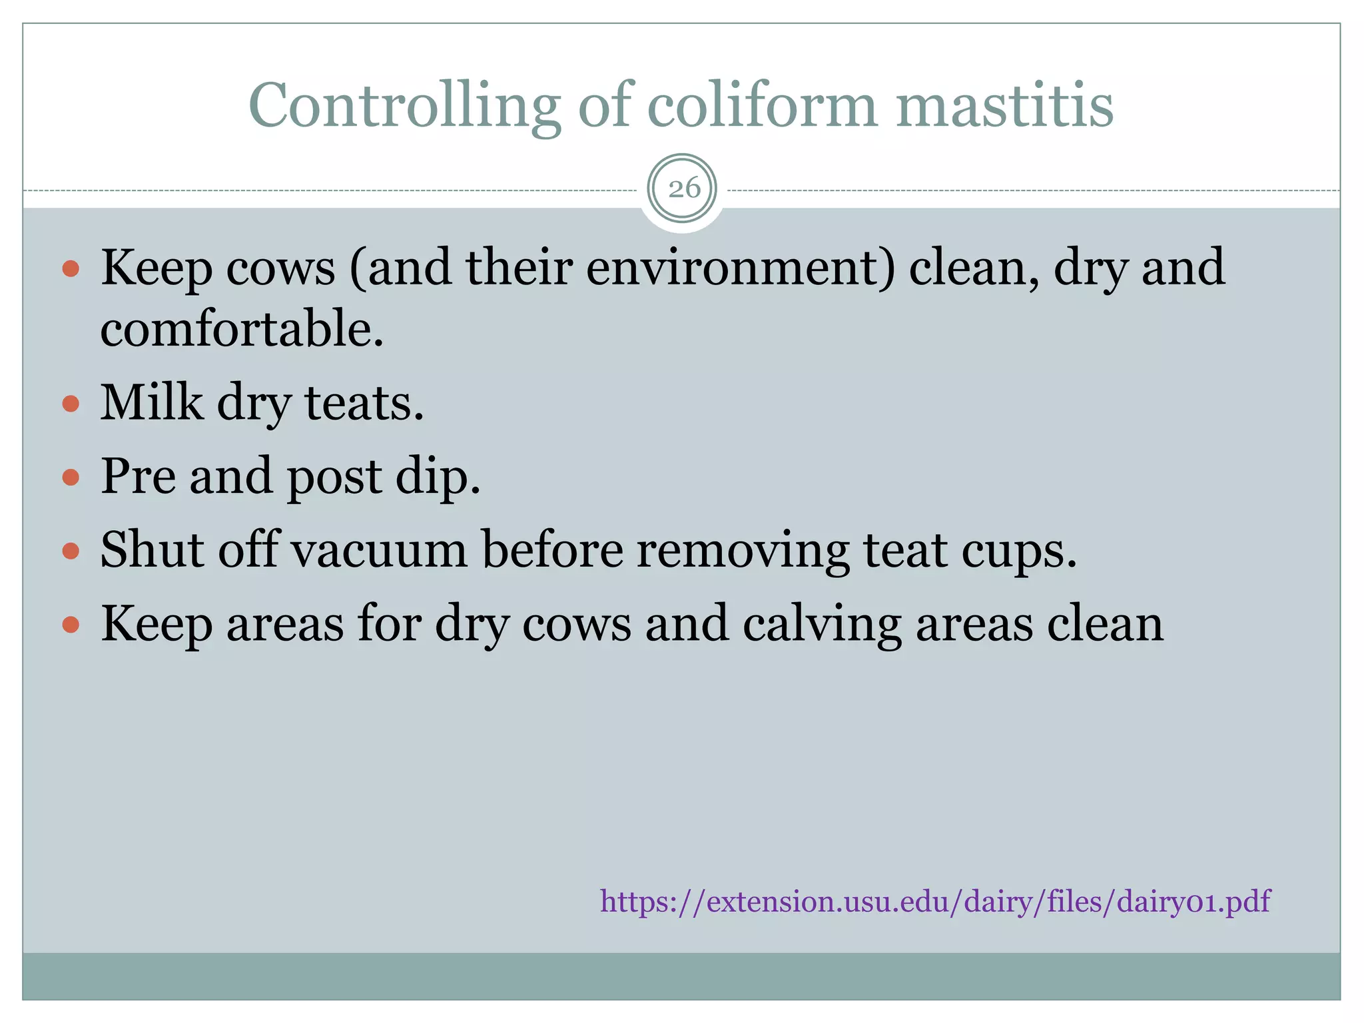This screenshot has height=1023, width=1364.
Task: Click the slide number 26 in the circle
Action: point(683,188)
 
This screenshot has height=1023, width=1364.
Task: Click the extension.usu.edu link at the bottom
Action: point(934,902)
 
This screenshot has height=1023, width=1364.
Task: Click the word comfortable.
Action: point(242,329)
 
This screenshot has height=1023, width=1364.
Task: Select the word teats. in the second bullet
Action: point(364,404)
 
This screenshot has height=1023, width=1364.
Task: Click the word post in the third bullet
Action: point(334,478)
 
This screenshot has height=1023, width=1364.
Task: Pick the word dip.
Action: point(438,478)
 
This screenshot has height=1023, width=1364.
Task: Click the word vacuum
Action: point(380,551)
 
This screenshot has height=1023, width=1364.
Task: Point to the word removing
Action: point(742,552)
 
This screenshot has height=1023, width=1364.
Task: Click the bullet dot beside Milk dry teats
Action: point(71,404)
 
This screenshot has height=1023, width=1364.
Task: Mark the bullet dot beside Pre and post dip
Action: point(71,477)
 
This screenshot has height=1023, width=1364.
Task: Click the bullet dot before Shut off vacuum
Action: point(71,551)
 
